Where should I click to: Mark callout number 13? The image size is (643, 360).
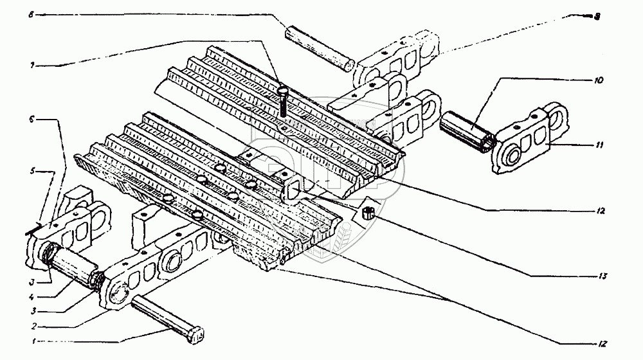click(x=598, y=276)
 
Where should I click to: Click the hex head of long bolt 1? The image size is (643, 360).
click(x=197, y=334)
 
